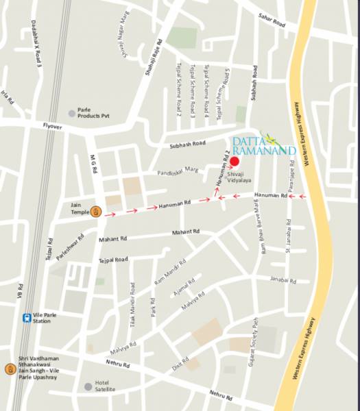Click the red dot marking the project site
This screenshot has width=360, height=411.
(235, 162)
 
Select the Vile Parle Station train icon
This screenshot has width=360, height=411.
(26, 318)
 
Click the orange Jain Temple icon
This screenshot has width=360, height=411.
(97, 212)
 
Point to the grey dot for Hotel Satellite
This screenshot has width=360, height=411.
(88, 386)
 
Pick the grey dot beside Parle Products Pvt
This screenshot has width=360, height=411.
(71, 112)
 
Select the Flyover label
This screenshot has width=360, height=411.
(52, 126)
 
